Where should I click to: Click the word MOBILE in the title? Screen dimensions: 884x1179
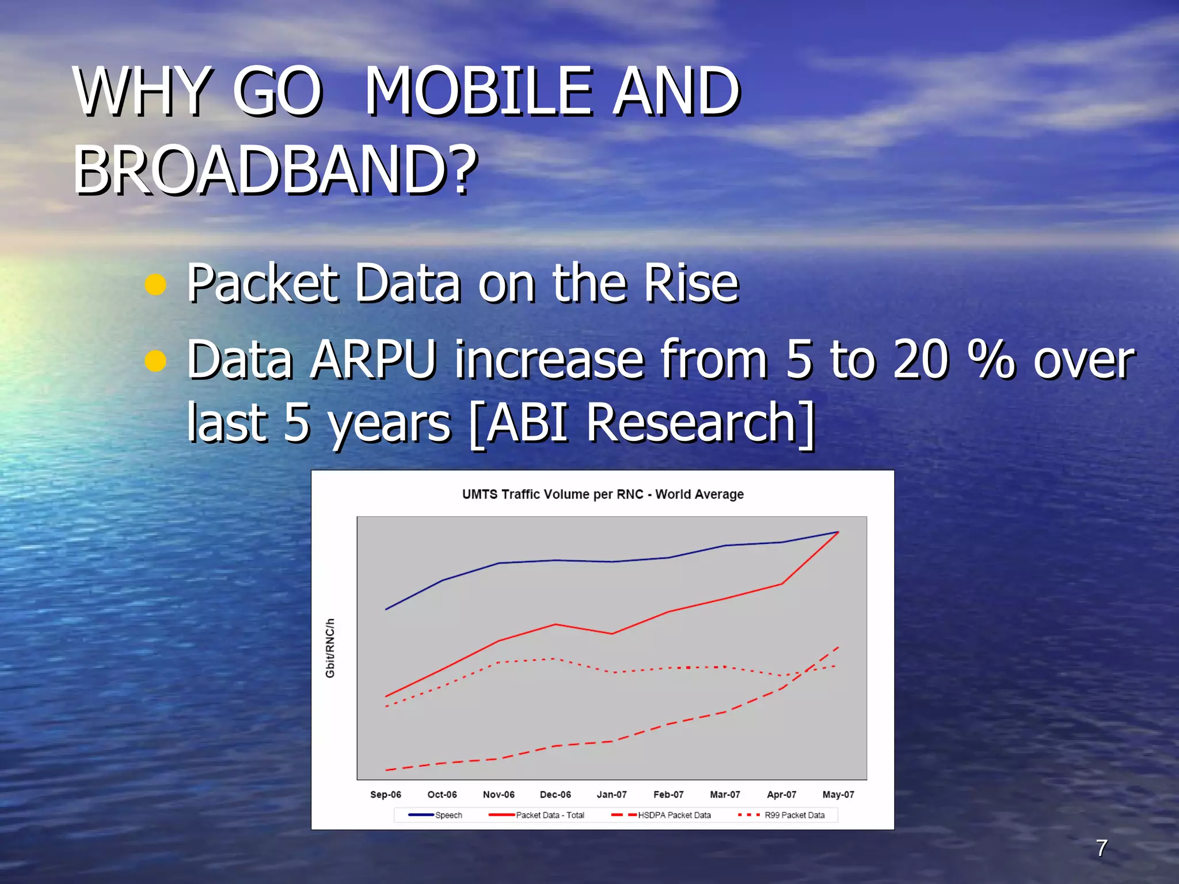[478, 91]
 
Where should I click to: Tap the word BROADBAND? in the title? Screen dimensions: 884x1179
[275, 170]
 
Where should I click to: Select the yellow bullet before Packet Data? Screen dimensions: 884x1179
[155, 284]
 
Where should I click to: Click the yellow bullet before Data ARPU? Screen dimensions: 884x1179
[155, 361]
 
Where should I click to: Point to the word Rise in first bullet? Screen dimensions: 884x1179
[691, 283]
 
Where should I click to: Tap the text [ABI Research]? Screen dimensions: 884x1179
[642, 424]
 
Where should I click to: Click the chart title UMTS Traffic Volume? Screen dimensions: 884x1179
[603, 494]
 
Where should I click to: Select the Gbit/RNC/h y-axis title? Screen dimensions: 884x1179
[330, 648]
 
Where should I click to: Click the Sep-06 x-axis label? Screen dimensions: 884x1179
[385, 794]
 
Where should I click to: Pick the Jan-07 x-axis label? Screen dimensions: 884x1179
[611, 794]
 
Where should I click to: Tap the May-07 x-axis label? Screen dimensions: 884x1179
[838, 794]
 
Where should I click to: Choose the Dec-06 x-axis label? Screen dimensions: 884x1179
[555, 794]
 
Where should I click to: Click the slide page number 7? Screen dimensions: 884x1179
[1101, 848]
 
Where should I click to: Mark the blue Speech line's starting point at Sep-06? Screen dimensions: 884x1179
[386, 609]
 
